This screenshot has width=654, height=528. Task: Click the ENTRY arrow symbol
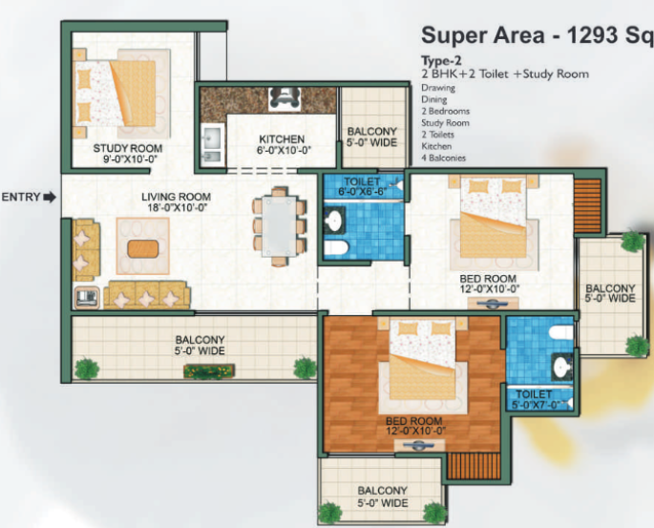50,197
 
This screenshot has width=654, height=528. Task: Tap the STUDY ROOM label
128,148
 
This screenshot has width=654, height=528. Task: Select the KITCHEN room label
282,138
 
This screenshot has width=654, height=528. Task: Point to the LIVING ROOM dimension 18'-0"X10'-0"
177,207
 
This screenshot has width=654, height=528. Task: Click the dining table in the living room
279,225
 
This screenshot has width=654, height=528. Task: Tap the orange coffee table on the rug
143,248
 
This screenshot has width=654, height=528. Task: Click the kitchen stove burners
285,99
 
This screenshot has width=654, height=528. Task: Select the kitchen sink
211,143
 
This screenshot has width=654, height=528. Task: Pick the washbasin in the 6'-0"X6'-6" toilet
334,220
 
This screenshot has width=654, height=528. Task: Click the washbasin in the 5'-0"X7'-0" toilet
561,367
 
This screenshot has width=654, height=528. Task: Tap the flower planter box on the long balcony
209,370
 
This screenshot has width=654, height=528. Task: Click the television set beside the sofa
87,297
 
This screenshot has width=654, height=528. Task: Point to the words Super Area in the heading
482,35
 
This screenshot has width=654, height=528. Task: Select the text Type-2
441,61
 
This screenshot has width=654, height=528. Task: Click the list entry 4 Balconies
443,158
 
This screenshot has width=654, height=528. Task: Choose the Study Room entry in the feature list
445,122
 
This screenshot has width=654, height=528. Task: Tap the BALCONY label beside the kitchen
372,132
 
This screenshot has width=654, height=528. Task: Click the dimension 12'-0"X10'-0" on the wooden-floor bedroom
416,431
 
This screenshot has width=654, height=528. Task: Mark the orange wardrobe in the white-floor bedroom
588,206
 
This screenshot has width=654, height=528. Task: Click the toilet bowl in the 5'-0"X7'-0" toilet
561,332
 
